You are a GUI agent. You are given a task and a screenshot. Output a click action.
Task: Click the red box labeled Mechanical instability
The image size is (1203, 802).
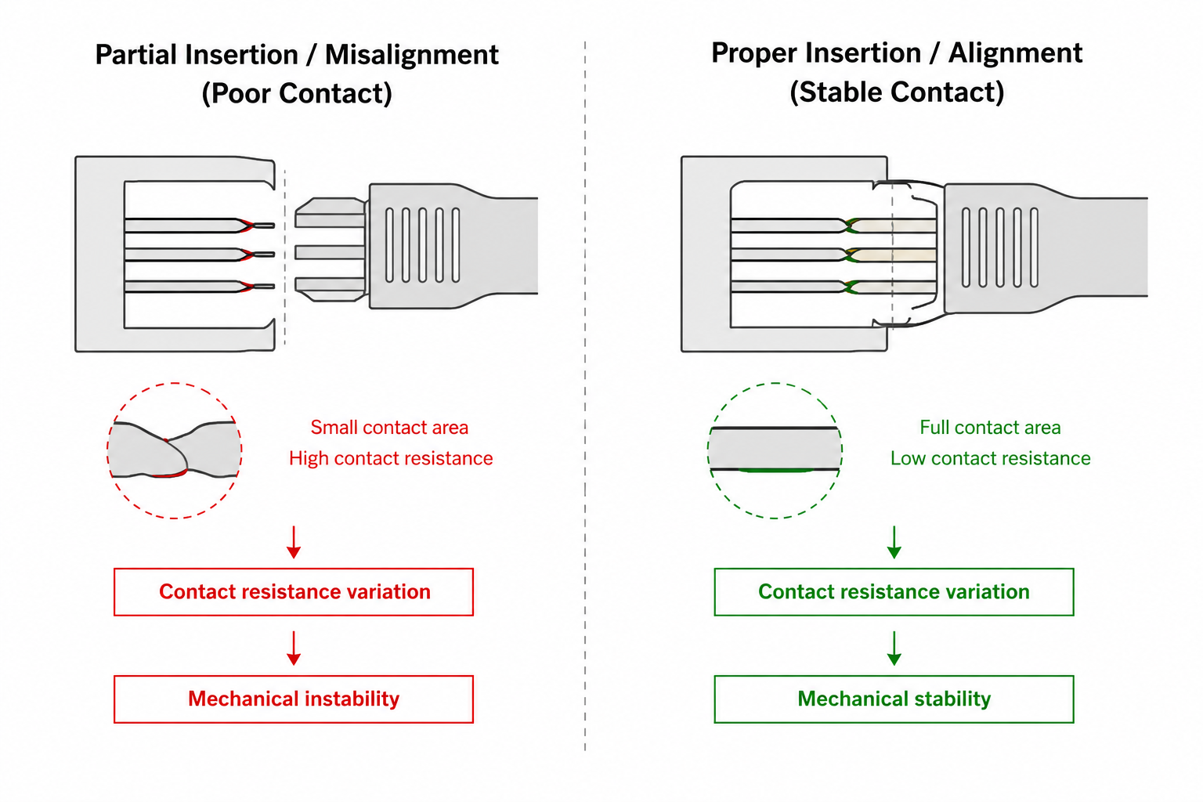pyautogui.click(x=294, y=699)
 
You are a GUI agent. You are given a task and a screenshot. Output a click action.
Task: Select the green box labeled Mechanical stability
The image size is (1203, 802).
pyautogui.click(x=894, y=699)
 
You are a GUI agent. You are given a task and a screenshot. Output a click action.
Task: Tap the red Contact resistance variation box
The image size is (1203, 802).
pyautogui.click(x=294, y=591)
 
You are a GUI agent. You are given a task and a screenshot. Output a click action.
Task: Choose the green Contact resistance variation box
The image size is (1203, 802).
pyautogui.click(x=894, y=591)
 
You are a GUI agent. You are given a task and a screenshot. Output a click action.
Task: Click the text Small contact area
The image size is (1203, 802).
pyautogui.click(x=389, y=428)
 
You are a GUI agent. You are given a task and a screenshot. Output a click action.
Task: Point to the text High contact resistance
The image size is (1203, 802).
pyautogui.click(x=391, y=458)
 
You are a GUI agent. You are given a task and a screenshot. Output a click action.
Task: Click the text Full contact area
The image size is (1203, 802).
pyautogui.click(x=990, y=428)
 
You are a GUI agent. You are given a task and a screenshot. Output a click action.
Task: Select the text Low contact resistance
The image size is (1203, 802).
pyautogui.click(x=990, y=458)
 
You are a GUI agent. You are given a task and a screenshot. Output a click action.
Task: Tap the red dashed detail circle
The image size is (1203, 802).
pyautogui.click(x=175, y=450)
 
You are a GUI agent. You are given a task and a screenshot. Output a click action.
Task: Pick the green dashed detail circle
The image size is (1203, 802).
pyautogui.click(x=775, y=450)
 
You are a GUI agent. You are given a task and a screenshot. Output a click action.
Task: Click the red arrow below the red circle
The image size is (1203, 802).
pyautogui.click(x=294, y=542)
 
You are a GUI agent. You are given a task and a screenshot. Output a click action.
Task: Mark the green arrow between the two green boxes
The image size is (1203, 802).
pyautogui.click(x=894, y=648)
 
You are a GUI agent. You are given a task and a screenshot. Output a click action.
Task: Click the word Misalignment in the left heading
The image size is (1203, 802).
pyautogui.click(x=411, y=55)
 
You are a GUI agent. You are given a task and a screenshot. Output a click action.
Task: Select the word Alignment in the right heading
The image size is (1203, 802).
pyautogui.click(x=1015, y=53)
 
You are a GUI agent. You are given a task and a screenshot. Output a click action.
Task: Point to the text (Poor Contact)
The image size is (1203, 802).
pyautogui.click(x=297, y=93)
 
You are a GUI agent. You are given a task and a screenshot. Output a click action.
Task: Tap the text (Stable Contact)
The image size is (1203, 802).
pyautogui.click(x=897, y=92)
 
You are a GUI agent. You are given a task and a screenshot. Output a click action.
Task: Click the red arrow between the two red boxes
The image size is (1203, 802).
pyautogui.click(x=294, y=648)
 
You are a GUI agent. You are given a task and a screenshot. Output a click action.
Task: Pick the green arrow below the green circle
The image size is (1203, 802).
pyautogui.click(x=894, y=542)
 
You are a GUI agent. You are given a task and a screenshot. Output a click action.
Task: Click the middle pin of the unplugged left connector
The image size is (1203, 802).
pyautogui.click(x=330, y=252)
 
